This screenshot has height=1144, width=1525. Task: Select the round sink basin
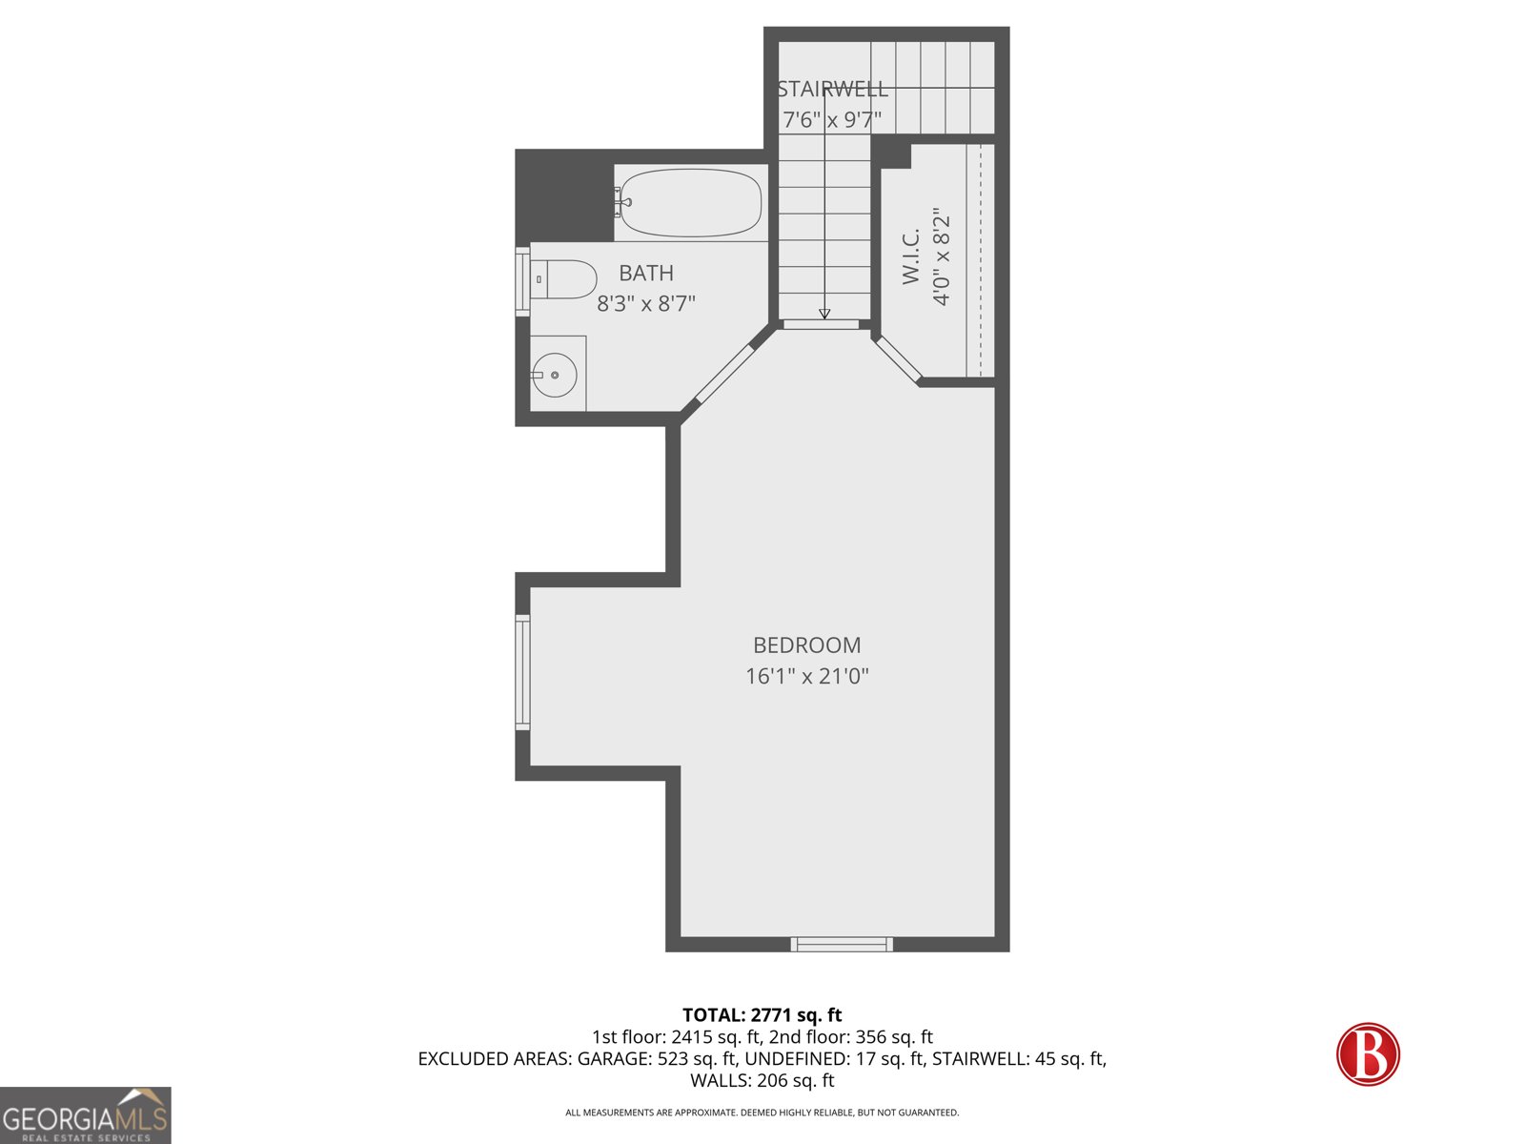pos(554,375)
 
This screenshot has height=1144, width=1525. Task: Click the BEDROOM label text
pos(806,645)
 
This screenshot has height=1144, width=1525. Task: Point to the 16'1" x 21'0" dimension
pos(806,677)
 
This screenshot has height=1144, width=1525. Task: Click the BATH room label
pos(646,274)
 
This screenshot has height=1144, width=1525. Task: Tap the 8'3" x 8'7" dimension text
pos(646,304)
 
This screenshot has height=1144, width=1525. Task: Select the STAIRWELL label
pos(832,90)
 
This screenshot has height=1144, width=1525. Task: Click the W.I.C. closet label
pos(911,255)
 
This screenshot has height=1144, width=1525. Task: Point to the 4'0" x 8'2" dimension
pos(942,255)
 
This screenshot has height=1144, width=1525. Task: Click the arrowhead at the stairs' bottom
pos(824,314)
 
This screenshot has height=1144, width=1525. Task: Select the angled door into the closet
pos(899,359)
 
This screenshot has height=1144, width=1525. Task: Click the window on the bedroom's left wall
pos(522,673)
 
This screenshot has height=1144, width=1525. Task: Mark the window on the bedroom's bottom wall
pos(842,944)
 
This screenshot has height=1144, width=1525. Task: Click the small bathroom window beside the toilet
pos(522,280)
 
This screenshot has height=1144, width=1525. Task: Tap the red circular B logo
pos(1368,1054)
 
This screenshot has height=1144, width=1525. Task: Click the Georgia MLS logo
pos(85,1115)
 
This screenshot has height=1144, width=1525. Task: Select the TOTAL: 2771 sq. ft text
pos(762,1015)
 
